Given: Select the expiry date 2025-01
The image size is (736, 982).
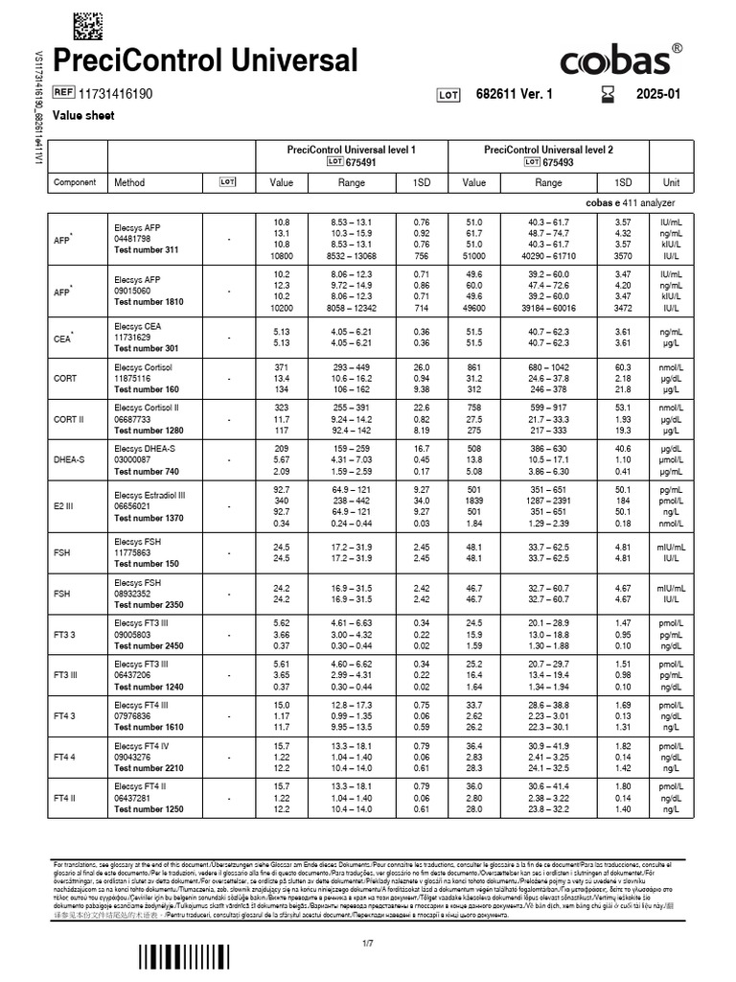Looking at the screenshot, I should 658,95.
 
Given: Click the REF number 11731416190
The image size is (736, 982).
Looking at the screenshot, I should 119,94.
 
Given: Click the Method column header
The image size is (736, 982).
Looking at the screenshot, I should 129,182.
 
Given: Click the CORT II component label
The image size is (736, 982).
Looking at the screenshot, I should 67,419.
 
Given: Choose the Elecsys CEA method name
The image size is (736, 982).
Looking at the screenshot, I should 138,326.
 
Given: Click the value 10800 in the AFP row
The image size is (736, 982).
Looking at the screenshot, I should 281,256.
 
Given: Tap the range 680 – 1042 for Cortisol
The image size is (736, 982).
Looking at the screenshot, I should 548,367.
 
